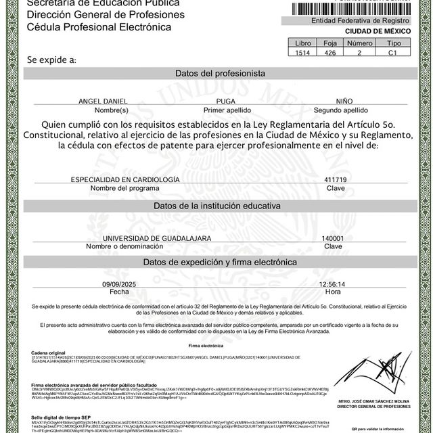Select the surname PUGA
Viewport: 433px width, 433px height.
click(x=227, y=101)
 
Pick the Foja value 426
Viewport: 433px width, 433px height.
click(x=331, y=52)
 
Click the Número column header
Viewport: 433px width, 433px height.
click(x=359, y=43)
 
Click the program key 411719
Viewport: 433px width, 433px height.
click(x=336, y=179)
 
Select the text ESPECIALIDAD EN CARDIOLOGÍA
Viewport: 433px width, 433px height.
click(x=125, y=179)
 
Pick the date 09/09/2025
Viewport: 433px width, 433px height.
click(x=118, y=285)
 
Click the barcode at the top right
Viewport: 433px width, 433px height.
click(x=352, y=8)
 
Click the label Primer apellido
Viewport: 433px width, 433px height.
click(x=227, y=109)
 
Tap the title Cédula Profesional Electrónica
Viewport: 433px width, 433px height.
click(x=99, y=27)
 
